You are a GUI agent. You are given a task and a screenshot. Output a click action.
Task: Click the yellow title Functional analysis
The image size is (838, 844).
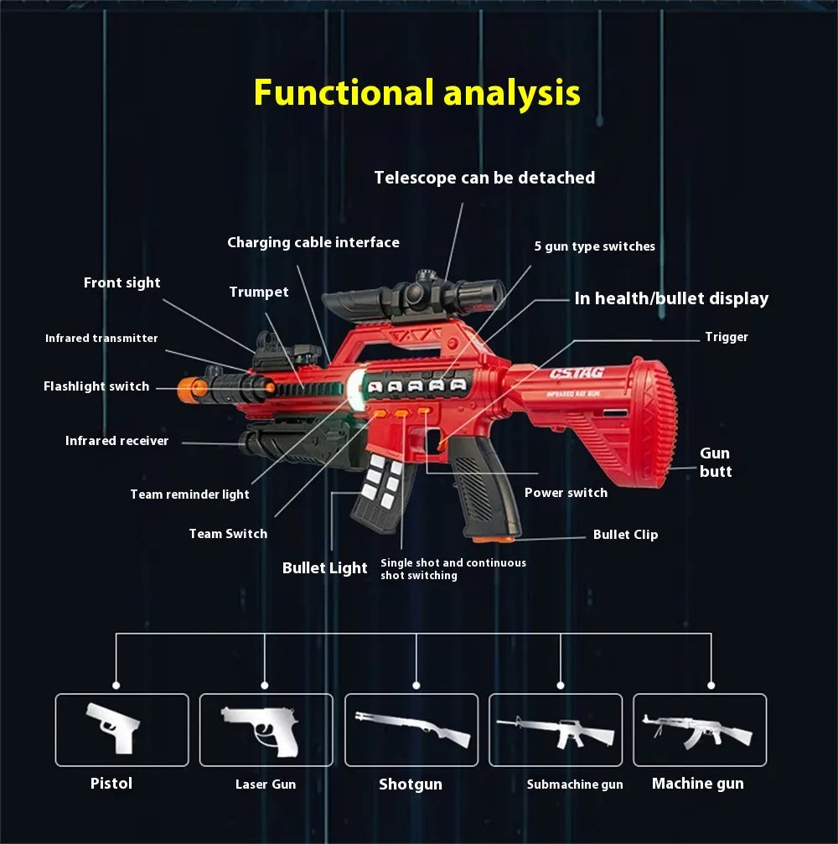tap(416, 92)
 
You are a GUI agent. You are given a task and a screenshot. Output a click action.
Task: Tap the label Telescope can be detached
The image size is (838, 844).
tap(484, 178)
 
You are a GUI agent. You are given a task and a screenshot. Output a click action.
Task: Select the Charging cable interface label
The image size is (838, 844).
tap(313, 242)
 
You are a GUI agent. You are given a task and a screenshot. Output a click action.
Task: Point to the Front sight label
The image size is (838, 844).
tap(122, 282)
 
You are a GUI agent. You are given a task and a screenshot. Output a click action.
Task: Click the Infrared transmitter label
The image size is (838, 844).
tap(101, 338)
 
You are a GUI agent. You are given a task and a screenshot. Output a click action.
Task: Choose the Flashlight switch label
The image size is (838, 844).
tap(96, 386)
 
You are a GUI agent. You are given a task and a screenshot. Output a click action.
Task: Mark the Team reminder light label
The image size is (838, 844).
tap(189, 494)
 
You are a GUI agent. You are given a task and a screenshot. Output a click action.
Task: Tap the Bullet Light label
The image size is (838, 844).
tap(324, 568)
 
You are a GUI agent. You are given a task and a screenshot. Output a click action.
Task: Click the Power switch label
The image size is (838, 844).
tap(566, 493)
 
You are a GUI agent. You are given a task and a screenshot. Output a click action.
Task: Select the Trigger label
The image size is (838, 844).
tap(726, 337)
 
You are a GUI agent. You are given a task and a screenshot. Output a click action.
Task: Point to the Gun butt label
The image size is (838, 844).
tap(715, 463)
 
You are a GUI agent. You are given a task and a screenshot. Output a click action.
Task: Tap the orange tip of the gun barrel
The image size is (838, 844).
tap(192, 388)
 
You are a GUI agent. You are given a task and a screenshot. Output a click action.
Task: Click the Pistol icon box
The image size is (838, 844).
tap(122, 729)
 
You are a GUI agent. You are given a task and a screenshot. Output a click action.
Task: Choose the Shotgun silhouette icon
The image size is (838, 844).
tap(411, 728)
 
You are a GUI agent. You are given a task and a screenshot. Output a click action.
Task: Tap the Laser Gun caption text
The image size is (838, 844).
tap(265, 784)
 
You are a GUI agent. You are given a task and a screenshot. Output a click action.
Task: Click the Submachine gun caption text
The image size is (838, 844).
tap(575, 784)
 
